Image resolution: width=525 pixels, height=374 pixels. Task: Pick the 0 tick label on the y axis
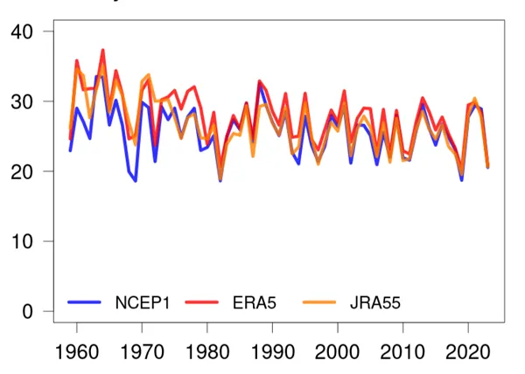pos(28,312)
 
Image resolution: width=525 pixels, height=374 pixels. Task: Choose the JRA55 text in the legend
pos(374,303)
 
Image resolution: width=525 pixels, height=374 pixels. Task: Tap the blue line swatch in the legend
pos(87,303)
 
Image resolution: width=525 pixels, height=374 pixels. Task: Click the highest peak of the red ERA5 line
pos(103,50)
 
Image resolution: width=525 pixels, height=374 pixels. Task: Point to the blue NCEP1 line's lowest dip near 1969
pos(136,181)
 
